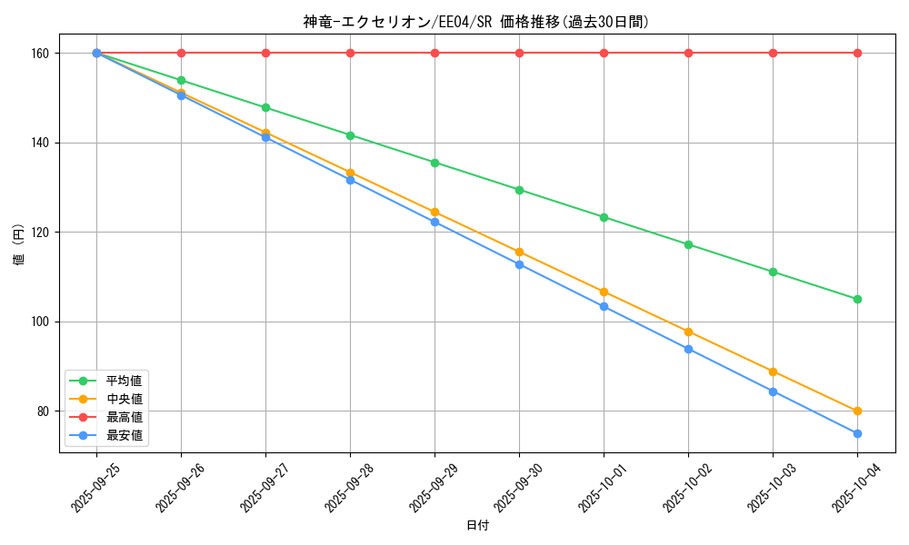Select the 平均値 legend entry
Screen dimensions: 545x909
124,381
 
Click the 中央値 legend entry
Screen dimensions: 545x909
124,399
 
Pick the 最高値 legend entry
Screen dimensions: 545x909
124,417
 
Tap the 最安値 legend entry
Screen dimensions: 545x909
124,435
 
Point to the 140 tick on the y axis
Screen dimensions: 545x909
43,143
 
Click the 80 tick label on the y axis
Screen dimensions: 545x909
45,411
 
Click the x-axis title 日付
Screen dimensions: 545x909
477,526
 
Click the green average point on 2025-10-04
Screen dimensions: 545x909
857,299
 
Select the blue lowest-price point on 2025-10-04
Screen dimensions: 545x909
857,433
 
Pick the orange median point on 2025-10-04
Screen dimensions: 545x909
857,411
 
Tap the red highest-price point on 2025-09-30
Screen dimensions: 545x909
519,53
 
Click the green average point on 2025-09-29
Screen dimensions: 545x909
435,163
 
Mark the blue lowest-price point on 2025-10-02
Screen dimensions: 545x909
688,349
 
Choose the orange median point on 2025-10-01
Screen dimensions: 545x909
604,292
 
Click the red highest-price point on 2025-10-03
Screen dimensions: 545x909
773,53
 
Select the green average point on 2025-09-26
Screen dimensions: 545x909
181,80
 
